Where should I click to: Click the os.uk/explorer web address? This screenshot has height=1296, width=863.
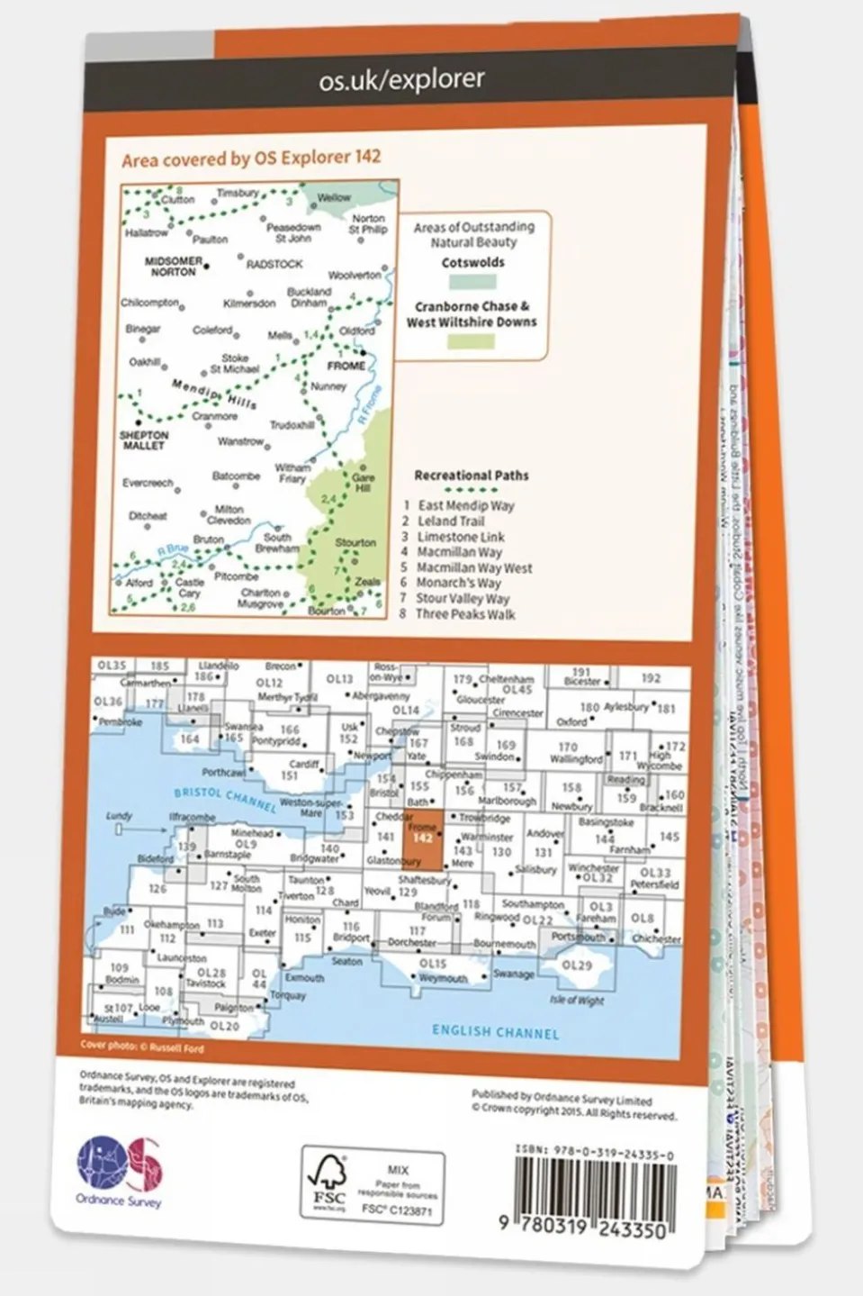tap(401, 81)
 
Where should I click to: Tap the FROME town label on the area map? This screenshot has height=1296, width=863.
tap(346, 366)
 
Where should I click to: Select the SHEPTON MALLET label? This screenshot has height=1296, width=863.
tap(144, 440)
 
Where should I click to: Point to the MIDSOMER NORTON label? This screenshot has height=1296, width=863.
tap(174, 267)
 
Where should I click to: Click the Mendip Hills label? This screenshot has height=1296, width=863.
tap(213, 394)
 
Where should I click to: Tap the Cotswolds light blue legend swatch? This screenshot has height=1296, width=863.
tap(472, 282)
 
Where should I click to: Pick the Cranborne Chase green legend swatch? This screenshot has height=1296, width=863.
tap(472, 341)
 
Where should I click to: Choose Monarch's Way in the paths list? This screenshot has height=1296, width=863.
tap(458, 583)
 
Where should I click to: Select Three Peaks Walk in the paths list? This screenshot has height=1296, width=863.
tap(464, 614)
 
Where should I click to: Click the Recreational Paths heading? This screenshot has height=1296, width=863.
tap(471, 475)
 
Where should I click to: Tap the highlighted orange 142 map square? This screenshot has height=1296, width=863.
tap(422, 838)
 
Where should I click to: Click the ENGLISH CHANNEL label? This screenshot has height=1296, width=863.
tap(495, 1031)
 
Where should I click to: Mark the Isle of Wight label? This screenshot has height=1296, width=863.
tap(577, 1000)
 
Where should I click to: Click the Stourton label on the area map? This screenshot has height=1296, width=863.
tap(355, 542)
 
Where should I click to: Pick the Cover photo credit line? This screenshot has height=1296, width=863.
tap(142, 1047)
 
